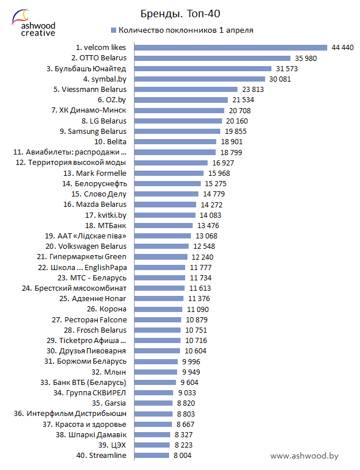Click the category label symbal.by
(x=105, y=79)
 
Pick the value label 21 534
(x=243, y=100)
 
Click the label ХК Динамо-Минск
(x=93, y=110)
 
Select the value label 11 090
(x=198, y=309)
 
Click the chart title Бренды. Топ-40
(x=180, y=13)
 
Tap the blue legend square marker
(x=113, y=30)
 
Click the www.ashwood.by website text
(x=304, y=456)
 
